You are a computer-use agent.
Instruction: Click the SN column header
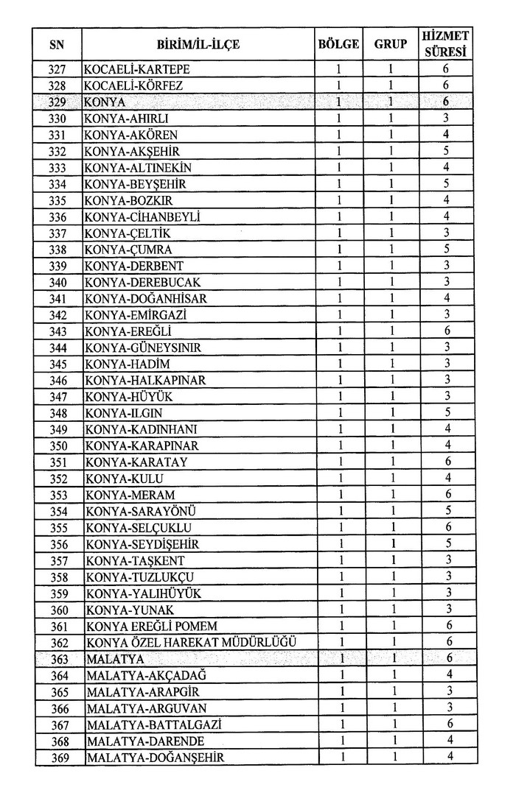(57, 45)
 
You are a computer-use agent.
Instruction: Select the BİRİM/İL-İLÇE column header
(198, 45)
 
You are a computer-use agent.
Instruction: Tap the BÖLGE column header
(338, 44)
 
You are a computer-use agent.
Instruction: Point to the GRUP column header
(391, 44)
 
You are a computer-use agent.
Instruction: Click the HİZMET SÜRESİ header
(446, 44)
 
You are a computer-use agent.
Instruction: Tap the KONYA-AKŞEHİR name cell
(132, 151)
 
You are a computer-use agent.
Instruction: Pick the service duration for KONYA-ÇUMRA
(446, 250)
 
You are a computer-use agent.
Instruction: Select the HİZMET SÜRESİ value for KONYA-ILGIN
(446, 413)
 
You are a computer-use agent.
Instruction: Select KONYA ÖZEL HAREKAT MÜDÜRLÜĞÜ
(192, 642)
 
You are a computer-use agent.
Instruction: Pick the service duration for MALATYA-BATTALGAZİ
(446, 724)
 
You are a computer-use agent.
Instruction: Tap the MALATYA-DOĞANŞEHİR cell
(155, 757)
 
